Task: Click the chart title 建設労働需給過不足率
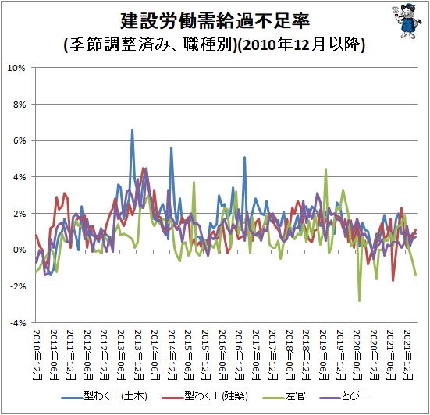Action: (x=215, y=21)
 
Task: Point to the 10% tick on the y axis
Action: (x=16, y=68)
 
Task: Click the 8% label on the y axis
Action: (x=20, y=105)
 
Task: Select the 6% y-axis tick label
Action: (x=20, y=141)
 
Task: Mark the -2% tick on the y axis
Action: (x=18, y=286)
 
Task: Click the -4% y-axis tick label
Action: (x=18, y=323)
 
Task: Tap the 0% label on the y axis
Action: (x=20, y=250)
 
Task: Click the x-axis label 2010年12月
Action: (x=37, y=355)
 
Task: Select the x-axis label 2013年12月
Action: (x=138, y=355)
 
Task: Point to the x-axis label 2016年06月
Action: (x=222, y=355)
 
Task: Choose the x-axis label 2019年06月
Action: (x=324, y=355)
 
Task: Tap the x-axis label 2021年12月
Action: (x=408, y=355)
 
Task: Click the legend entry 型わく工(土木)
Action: (x=105, y=396)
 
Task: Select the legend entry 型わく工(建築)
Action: (x=205, y=396)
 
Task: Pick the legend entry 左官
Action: (x=283, y=396)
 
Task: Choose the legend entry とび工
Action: (x=344, y=396)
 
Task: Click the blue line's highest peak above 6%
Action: (x=132, y=129)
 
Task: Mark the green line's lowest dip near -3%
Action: (x=359, y=300)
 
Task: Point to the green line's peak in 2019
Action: (x=325, y=170)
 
